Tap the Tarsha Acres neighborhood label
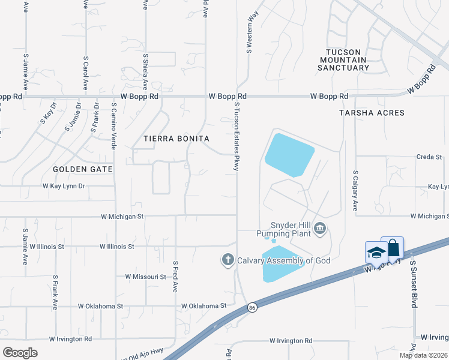[x=372, y=113]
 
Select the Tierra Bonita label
[x=176, y=139]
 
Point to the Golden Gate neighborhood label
[x=83, y=169]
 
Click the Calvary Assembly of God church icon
[x=228, y=260]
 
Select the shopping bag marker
[x=392, y=247]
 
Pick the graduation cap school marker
[x=376, y=252]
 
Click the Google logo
[x=20, y=353]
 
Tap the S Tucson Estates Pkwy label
[x=237, y=136]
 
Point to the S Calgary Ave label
[x=355, y=191]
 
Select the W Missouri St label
[x=145, y=277]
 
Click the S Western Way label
[x=249, y=30]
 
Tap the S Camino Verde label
[x=113, y=125]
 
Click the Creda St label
[x=429, y=157]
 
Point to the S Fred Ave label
[x=175, y=276]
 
